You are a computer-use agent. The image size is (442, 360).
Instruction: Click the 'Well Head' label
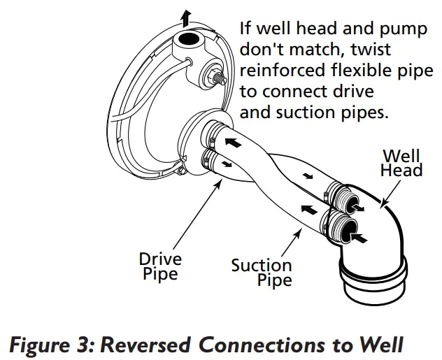[x=401, y=162]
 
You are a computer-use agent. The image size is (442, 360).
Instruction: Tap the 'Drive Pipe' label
[x=160, y=266]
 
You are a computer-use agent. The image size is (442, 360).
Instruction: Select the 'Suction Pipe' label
[x=262, y=273]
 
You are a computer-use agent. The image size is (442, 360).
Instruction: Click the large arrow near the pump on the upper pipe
[x=231, y=141]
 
